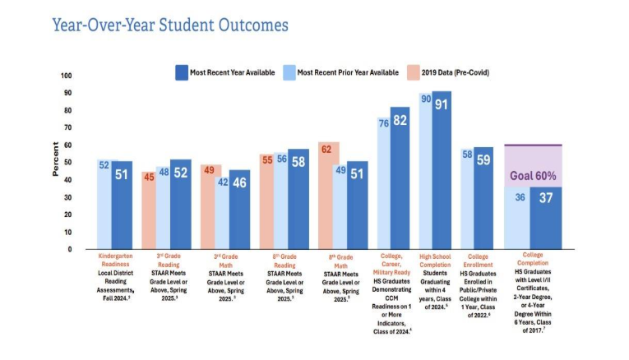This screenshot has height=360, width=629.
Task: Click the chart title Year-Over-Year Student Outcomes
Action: pos(170,25)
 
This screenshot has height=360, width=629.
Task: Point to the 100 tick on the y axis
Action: pos(67,76)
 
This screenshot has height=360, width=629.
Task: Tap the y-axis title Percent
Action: pos(56,159)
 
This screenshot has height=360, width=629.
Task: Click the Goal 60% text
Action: pos(533,175)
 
